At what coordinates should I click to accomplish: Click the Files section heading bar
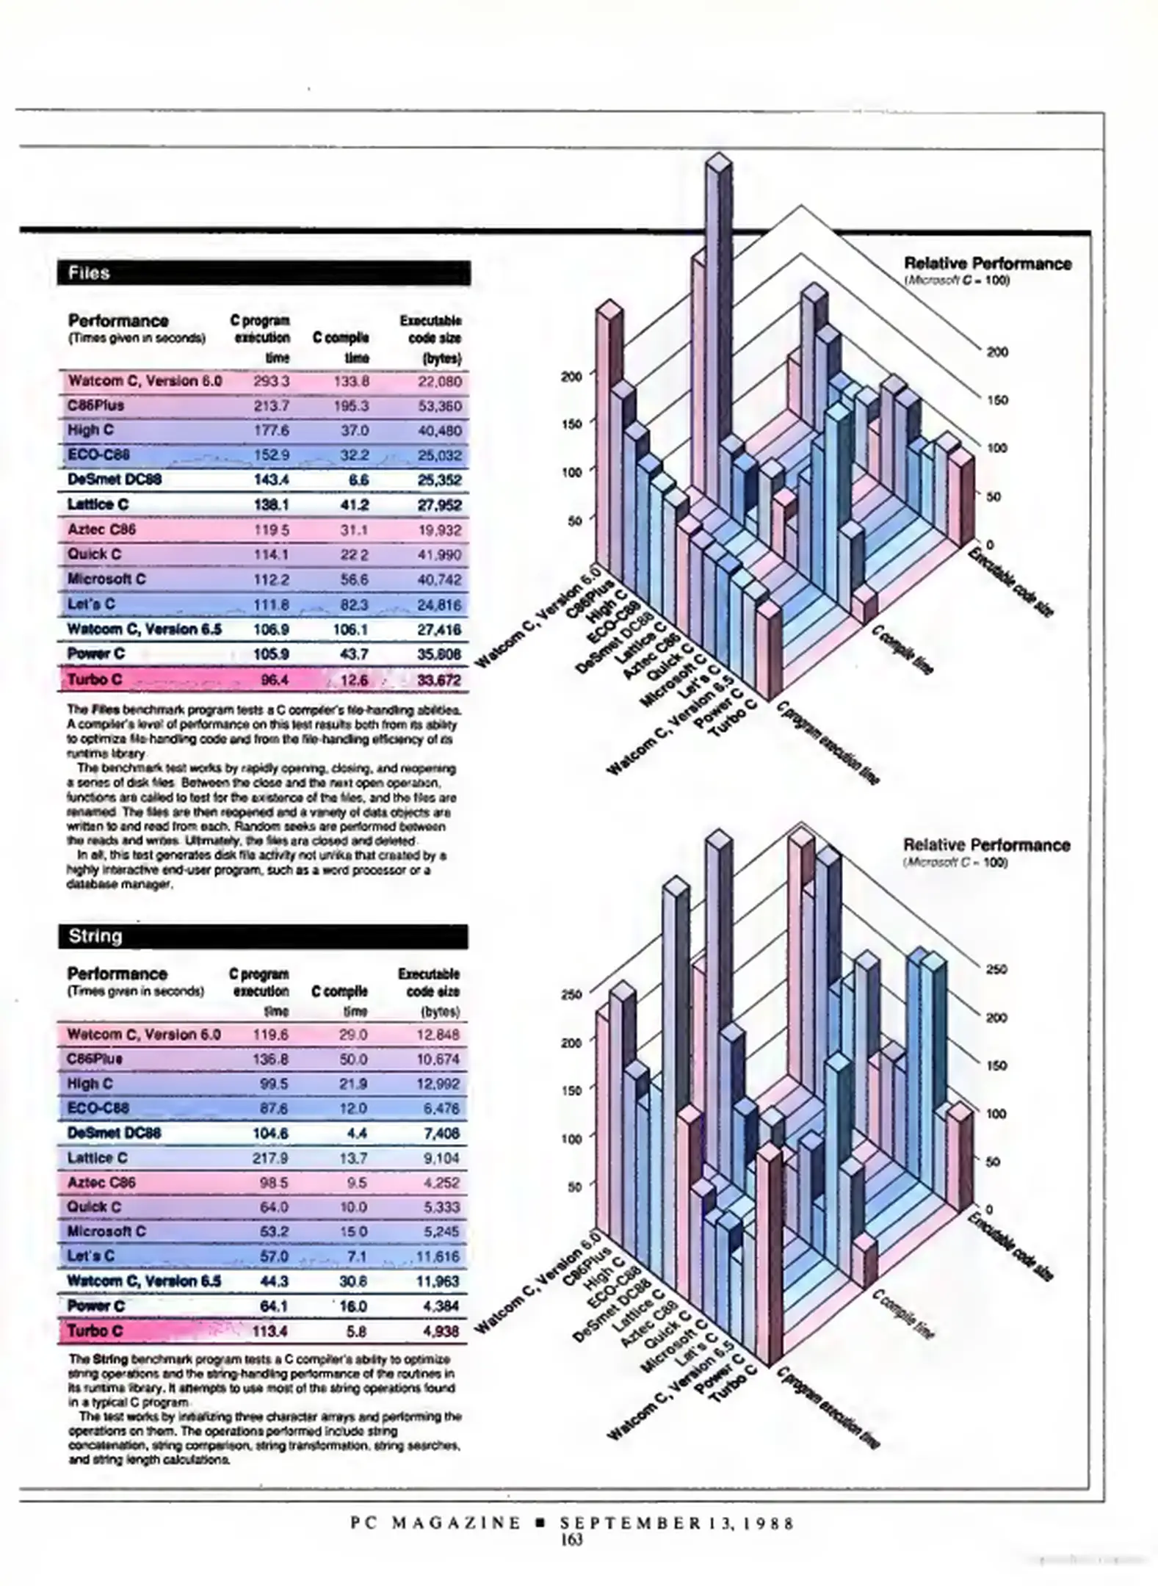[263, 273]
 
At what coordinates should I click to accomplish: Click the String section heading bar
[262, 936]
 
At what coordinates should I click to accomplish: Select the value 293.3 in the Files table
[271, 381]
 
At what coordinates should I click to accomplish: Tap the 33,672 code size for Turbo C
[439, 680]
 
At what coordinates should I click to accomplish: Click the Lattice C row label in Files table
[98, 504]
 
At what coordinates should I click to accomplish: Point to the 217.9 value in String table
[270, 1158]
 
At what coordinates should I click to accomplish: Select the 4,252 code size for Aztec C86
[441, 1183]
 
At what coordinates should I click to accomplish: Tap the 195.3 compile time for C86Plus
[354, 406]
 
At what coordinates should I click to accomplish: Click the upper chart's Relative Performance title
[987, 264]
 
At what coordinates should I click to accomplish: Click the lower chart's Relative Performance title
[986, 845]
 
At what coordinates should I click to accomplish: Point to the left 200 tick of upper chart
[571, 376]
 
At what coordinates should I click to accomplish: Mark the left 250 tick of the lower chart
[571, 994]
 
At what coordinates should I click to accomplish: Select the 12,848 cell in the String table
[438, 1035]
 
